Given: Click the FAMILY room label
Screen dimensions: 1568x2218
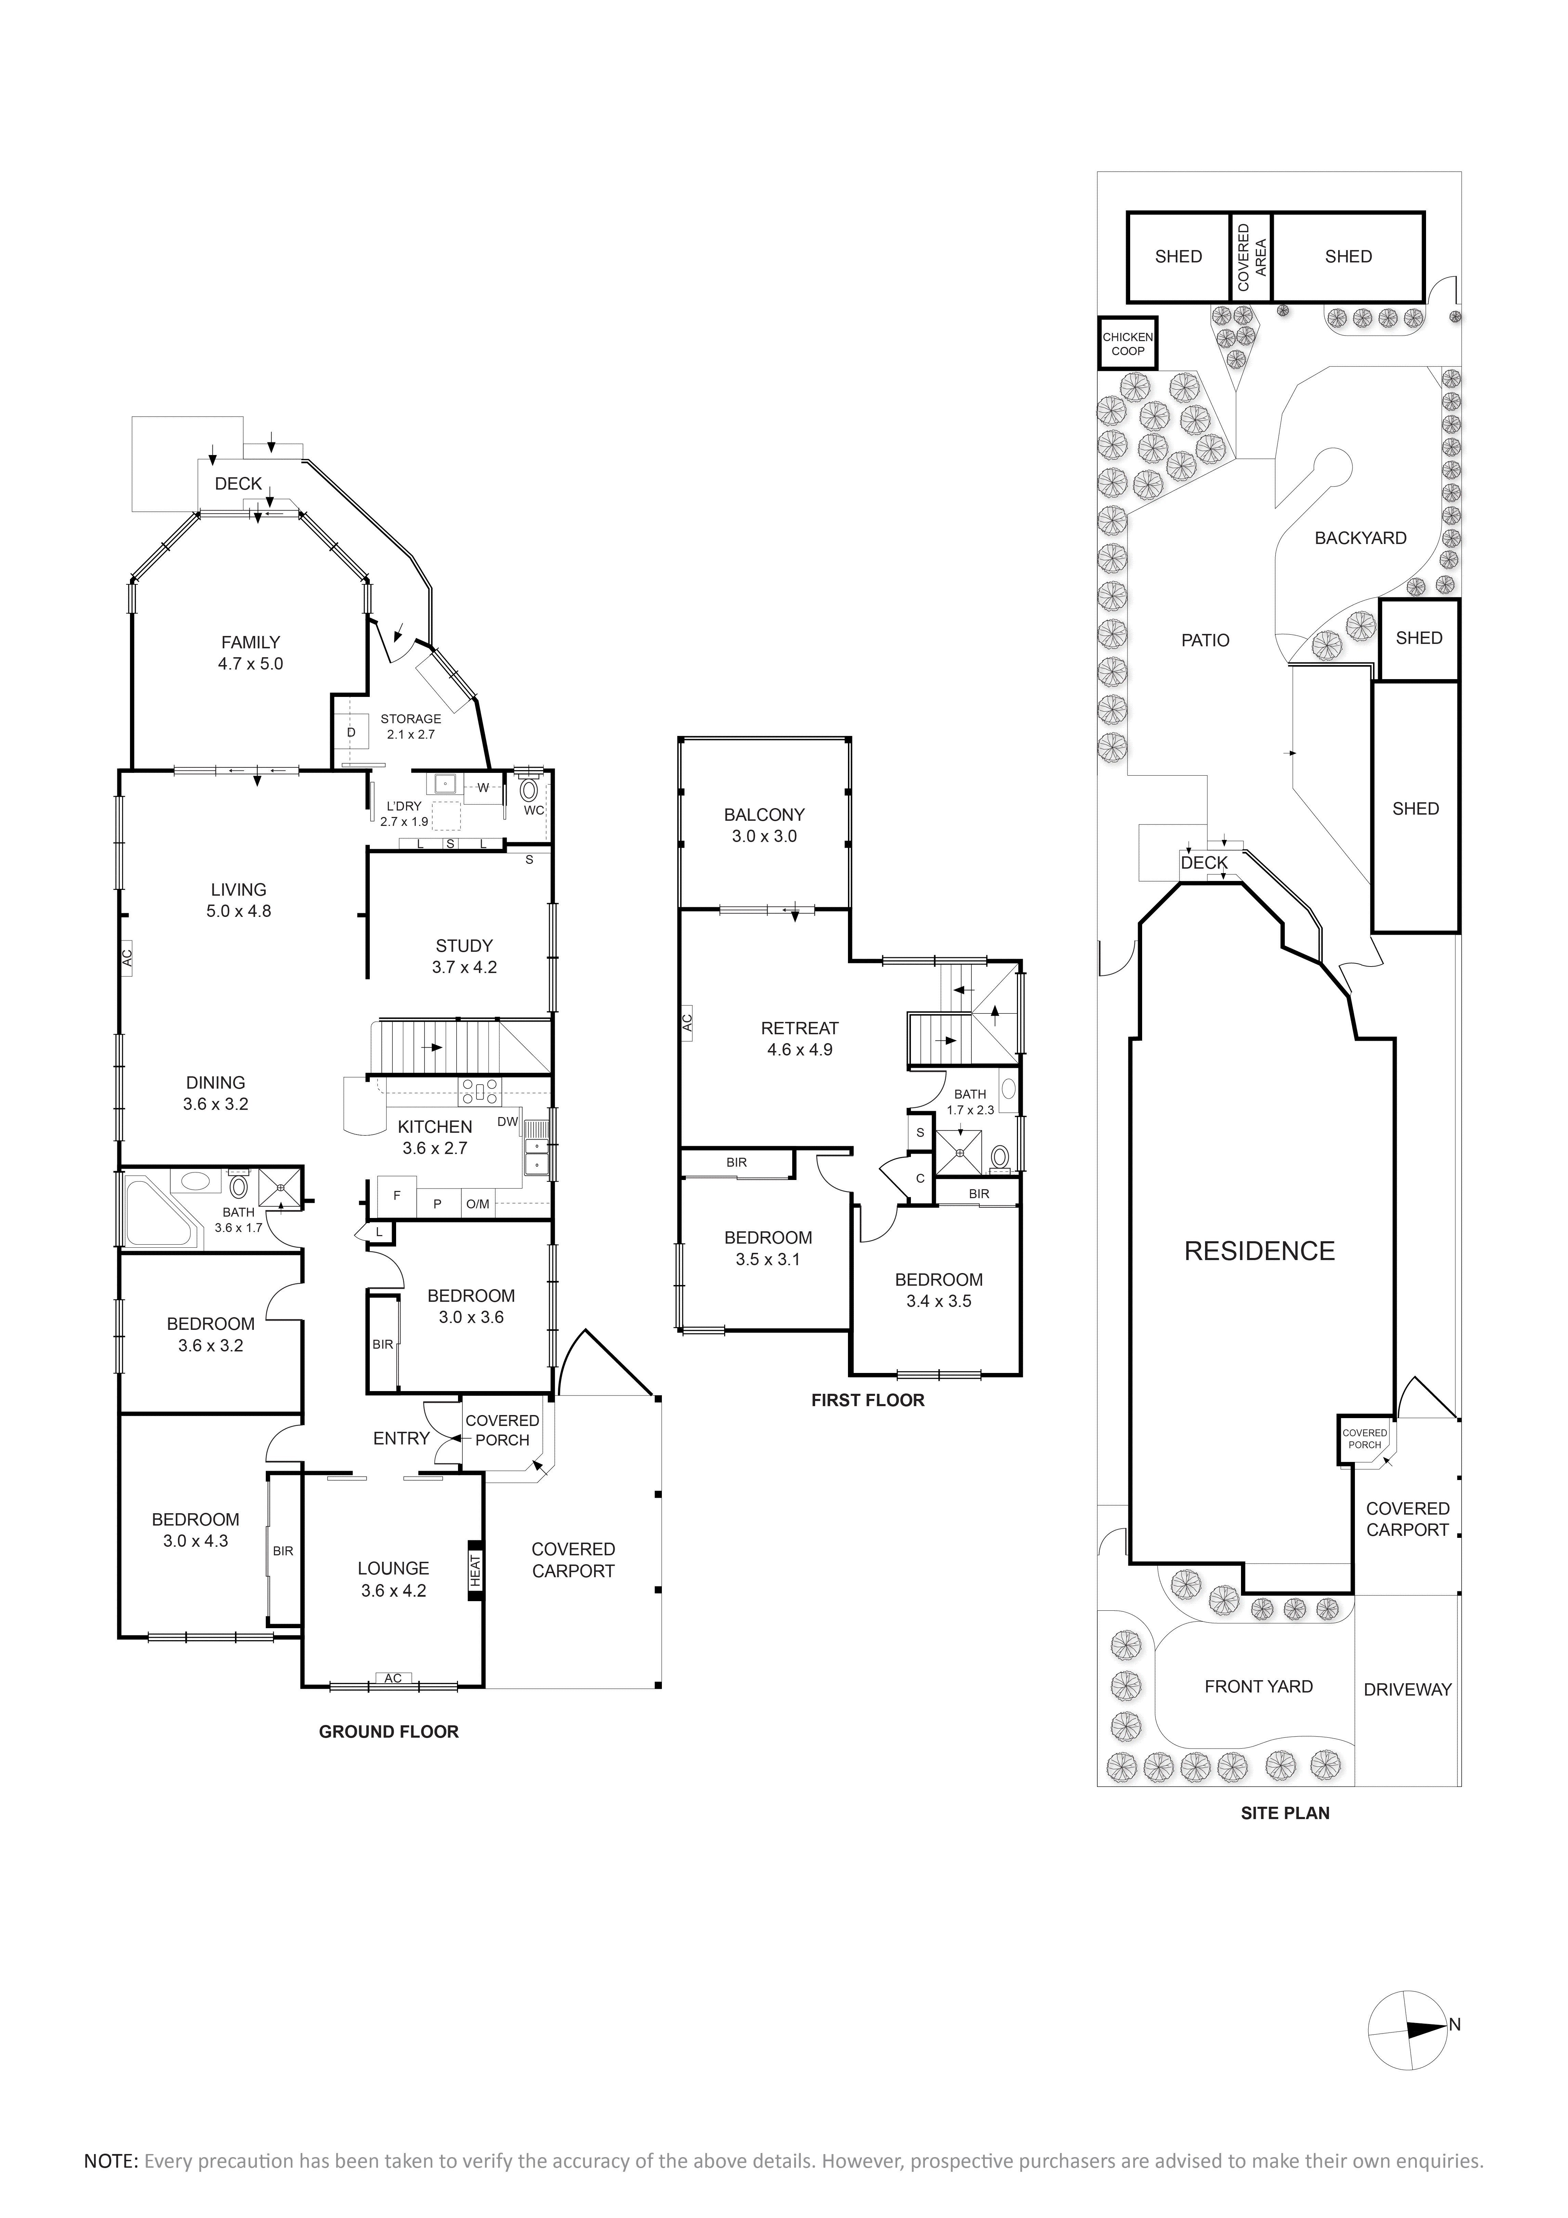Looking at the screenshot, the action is [250, 643].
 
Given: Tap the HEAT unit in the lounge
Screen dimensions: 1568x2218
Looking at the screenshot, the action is [474, 1570].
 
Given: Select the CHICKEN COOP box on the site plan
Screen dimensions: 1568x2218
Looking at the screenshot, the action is [1127, 344].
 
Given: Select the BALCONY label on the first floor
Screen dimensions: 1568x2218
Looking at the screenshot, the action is [764, 814].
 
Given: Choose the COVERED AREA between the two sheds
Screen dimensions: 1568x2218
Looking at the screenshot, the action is [1250, 257].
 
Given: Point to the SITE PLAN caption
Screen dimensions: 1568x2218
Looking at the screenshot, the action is [1285, 1813].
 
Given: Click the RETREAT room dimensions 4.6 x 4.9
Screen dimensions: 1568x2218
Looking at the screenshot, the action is [800, 1049].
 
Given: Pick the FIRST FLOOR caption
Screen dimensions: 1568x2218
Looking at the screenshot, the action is [867, 1400].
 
